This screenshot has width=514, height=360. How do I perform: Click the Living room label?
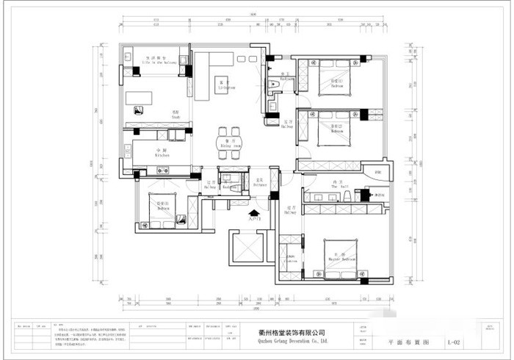[226, 84]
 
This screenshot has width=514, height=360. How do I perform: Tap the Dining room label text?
[229, 144]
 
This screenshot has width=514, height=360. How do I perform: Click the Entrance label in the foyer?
[259, 184]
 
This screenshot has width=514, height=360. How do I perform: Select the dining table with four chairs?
[229, 143]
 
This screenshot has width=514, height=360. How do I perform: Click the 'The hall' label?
[339, 185]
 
